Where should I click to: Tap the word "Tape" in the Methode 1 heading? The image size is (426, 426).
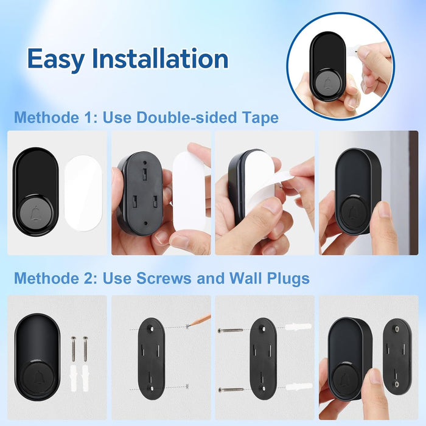tap(259, 117)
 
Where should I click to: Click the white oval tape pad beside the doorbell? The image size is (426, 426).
tap(83, 193)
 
